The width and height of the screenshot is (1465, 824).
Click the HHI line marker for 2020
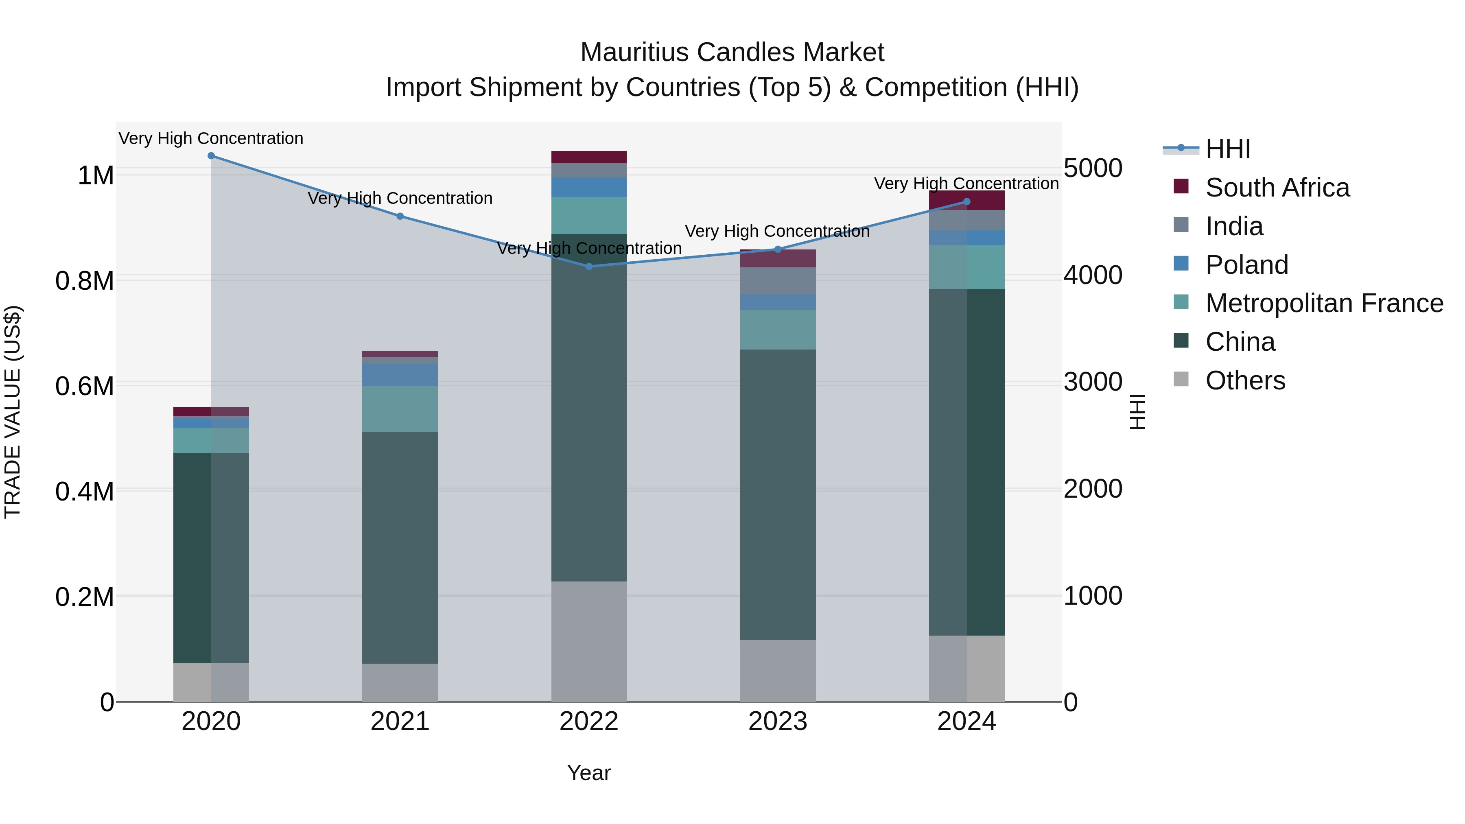tap(211, 156)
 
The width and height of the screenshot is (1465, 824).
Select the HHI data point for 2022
tap(588, 266)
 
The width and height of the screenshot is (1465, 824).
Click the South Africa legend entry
tap(1277, 188)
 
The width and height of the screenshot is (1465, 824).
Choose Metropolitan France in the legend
tap(1324, 303)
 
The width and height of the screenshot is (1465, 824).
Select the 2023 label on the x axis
tap(777, 721)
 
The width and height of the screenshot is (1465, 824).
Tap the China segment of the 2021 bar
tap(400, 547)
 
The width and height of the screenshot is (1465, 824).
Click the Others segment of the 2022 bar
tap(588, 641)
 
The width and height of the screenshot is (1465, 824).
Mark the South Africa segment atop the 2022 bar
tap(588, 157)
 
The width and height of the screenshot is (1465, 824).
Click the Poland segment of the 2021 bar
tap(400, 375)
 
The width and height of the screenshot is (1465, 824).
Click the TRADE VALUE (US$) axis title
tap(13, 412)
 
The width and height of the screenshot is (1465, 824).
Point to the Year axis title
tap(588, 773)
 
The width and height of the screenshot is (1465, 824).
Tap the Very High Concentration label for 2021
tap(400, 199)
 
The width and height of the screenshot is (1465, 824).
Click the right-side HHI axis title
tap(1137, 412)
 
